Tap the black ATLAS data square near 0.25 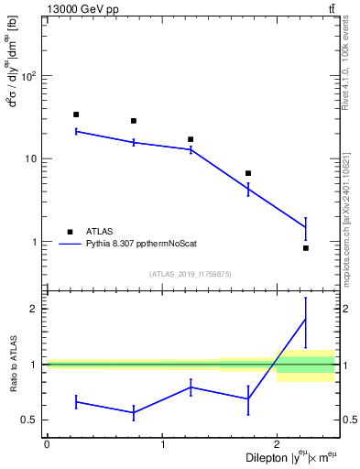pyautogui.click(x=76, y=115)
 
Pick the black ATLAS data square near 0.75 pyautogui.click(x=134, y=121)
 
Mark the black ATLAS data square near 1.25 pyautogui.click(x=191, y=139)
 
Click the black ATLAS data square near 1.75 pyautogui.click(x=248, y=173)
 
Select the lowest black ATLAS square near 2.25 pyautogui.click(x=306, y=248)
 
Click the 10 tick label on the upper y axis pyautogui.click(x=33, y=158)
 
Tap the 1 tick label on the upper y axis pyautogui.click(x=37, y=243)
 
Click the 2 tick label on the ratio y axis pyautogui.click(x=37, y=309)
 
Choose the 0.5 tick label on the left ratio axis pyautogui.click(x=32, y=420)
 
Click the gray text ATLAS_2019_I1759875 pyautogui.click(x=191, y=274)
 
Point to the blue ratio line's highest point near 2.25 pyautogui.click(x=306, y=319)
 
